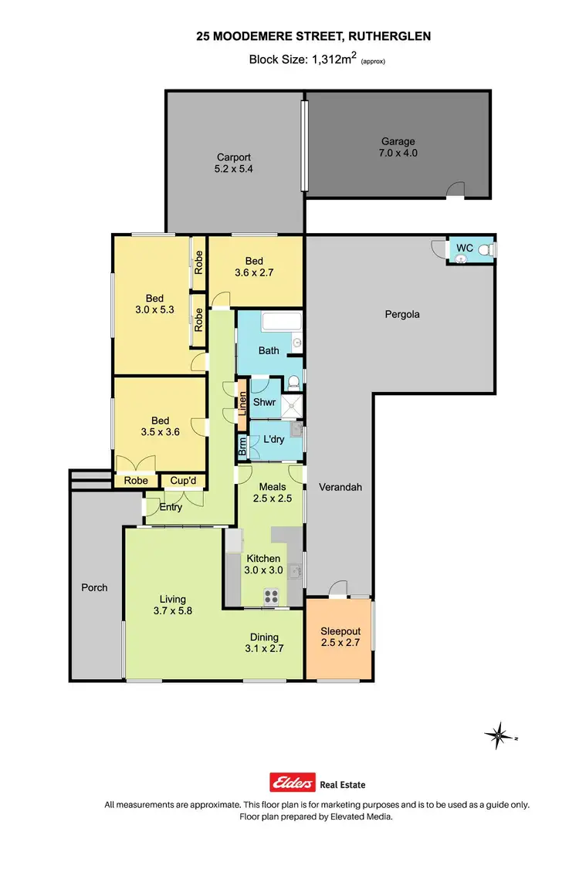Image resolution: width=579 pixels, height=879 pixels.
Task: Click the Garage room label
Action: click(x=398, y=141)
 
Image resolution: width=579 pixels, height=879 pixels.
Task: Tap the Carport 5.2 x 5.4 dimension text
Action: click(x=233, y=168)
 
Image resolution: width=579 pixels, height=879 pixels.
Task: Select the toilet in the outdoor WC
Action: click(x=484, y=250)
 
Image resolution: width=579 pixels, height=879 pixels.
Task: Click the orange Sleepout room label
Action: click(x=340, y=631)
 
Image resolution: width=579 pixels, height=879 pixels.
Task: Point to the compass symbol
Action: click(x=499, y=735)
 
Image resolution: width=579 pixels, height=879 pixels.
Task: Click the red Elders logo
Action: click(x=292, y=783)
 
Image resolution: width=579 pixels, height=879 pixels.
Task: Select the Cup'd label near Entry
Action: click(x=183, y=480)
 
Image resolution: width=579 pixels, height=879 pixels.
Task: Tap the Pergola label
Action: click(x=402, y=314)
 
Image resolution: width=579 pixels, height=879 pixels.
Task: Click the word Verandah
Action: click(x=340, y=487)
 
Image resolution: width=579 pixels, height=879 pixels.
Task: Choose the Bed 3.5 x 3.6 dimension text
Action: click(x=161, y=432)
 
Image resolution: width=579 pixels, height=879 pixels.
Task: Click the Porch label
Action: click(x=94, y=587)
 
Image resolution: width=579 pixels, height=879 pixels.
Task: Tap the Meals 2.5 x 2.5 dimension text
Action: click(x=273, y=499)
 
